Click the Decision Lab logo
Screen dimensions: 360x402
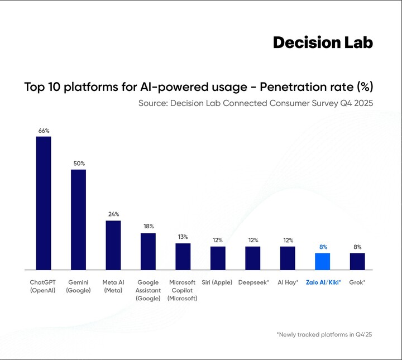pyautogui.click(x=322, y=42)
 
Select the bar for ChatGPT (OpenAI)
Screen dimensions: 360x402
pyautogui.click(x=44, y=203)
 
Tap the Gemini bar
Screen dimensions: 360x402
pyautogui.click(x=78, y=219)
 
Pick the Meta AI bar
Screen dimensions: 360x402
pyautogui.click(x=113, y=245)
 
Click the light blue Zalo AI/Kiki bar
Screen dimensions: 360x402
pyautogui.click(x=322, y=261)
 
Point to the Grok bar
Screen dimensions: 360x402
pyautogui.click(x=357, y=261)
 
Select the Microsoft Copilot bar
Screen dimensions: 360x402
pyautogui.click(x=183, y=256)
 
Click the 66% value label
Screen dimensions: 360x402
pyautogui.click(x=44, y=131)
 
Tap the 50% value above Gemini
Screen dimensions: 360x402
pyautogui.click(x=78, y=164)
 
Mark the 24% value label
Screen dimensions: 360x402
pyautogui.click(x=113, y=214)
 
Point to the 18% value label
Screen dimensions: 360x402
pyautogui.click(x=148, y=227)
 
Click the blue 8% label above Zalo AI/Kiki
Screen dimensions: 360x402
pyautogui.click(x=323, y=247)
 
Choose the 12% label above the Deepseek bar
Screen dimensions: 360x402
pyautogui.click(x=253, y=240)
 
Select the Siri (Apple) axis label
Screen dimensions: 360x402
pyautogui.click(x=217, y=282)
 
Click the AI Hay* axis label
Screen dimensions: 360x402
pyautogui.click(x=288, y=282)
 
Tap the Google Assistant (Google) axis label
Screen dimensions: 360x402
pyautogui.click(x=148, y=290)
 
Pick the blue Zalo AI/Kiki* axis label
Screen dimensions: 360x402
pyautogui.click(x=323, y=282)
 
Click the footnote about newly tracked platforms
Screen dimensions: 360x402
pyautogui.click(x=324, y=334)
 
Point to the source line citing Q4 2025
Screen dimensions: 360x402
pyautogui.click(x=255, y=104)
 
